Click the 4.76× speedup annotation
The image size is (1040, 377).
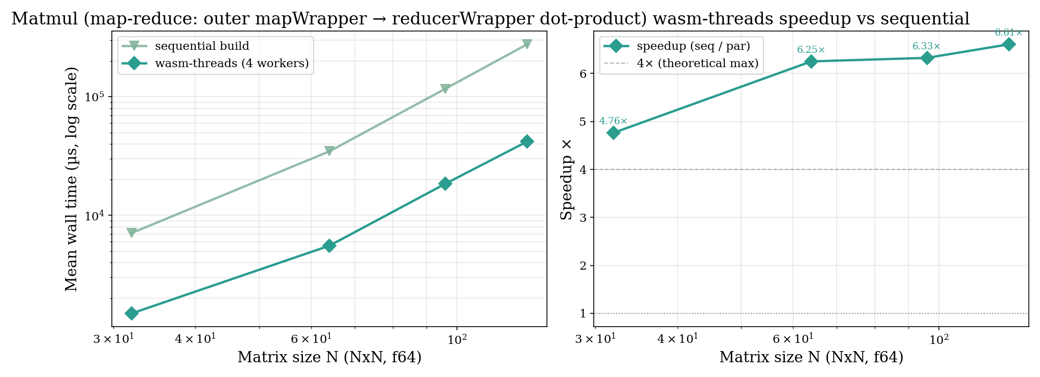pos(613,122)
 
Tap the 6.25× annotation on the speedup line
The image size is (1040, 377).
pos(811,50)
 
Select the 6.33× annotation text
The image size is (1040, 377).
pos(926,46)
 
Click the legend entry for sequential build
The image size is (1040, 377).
pos(202,46)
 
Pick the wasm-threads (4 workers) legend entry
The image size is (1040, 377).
pos(231,64)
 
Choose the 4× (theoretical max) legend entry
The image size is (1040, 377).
pos(697,64)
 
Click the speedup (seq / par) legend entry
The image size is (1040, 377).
pos(693,46)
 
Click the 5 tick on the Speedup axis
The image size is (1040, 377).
pos(583,122)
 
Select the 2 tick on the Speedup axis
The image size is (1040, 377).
pos(583,266)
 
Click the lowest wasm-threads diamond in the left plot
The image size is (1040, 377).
pos(132,313)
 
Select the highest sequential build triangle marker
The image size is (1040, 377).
pos(527,44)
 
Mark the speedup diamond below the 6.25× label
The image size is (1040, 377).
pos(811,62)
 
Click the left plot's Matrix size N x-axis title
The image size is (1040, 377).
pos(329,358)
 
